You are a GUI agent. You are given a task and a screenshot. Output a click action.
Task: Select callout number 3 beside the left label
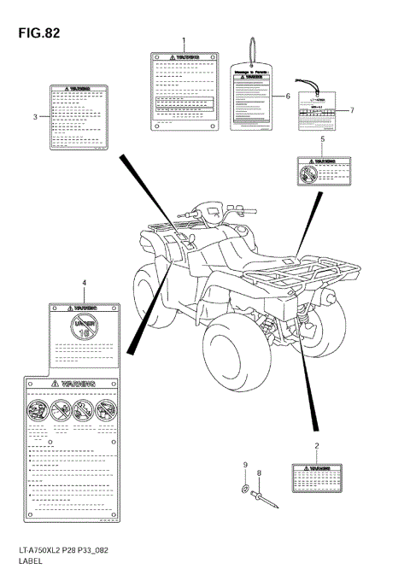click(35, 116)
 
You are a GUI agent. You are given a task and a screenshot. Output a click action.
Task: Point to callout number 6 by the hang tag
click(288, 96)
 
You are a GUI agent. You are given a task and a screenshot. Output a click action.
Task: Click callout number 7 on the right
click(350, 111)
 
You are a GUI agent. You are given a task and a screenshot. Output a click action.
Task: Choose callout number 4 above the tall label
click(84, 282)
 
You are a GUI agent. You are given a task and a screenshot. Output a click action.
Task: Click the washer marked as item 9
click(245, 489)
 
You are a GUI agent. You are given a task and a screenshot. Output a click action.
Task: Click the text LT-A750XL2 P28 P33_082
click(54, 554)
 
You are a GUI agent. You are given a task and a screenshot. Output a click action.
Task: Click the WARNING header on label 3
click(78, 88)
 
